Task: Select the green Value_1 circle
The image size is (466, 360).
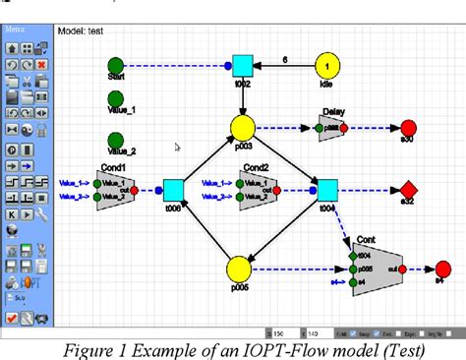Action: click(x=116, y=101)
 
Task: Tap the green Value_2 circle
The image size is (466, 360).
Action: click(x=116, y=139)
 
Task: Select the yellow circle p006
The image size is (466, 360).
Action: click(x=238, y=270)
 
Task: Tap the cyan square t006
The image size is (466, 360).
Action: click(x=173, y=189)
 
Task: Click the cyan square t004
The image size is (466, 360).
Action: click(x=327, y=188)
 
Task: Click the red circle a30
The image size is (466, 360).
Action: click(x=408, y=128)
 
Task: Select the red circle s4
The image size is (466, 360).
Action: click(x=442, y=269)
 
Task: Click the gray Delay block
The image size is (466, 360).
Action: click(x=335, y=128)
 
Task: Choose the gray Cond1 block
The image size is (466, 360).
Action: click(x=129, y=188)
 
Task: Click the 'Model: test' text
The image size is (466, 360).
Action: click(x=81, y=30)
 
